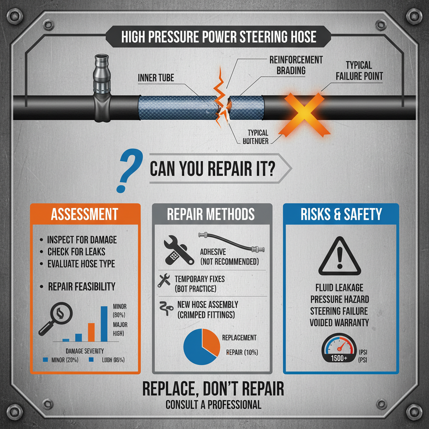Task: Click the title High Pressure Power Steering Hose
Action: click(218, 36)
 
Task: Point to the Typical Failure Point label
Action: click(359, 71)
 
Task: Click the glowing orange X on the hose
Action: click(305, 114)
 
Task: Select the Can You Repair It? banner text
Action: click(212, 169)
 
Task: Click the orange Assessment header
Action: click(84, 214)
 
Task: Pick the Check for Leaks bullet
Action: click(76, 252)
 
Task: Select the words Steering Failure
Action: click(339, 311)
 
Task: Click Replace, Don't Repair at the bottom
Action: click(213, 389)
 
